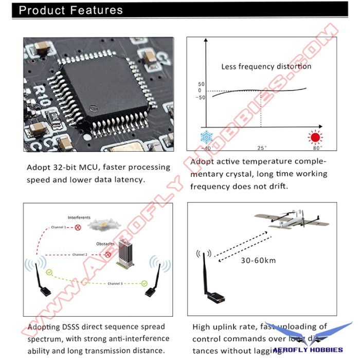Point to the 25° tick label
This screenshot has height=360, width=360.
point(262,148)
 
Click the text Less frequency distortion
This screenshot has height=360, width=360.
point(266,66)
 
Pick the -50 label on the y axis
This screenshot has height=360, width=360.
point(201,98)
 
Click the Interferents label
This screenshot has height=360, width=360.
point(79,218)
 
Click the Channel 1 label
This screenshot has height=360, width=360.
point(58,227)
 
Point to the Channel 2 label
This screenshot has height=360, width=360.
point(79,255)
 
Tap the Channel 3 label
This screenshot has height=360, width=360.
point(115,283)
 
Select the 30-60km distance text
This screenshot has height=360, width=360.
point(258,260)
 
